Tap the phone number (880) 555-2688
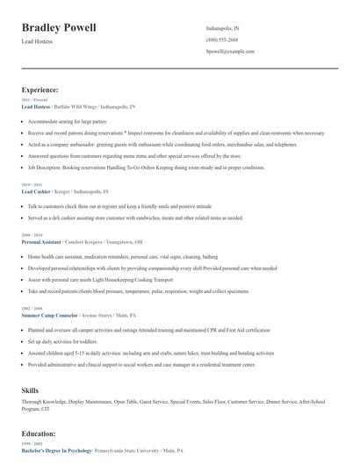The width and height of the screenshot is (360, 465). click(x=222, y=40)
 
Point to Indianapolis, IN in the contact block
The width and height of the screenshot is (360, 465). click(x=223, y=28)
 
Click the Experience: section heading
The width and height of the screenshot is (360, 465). click(x=40, y=89)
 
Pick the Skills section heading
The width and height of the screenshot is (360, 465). click(x=31, y=390)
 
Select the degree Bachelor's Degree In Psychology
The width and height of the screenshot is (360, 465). click(x=56, y=450)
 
